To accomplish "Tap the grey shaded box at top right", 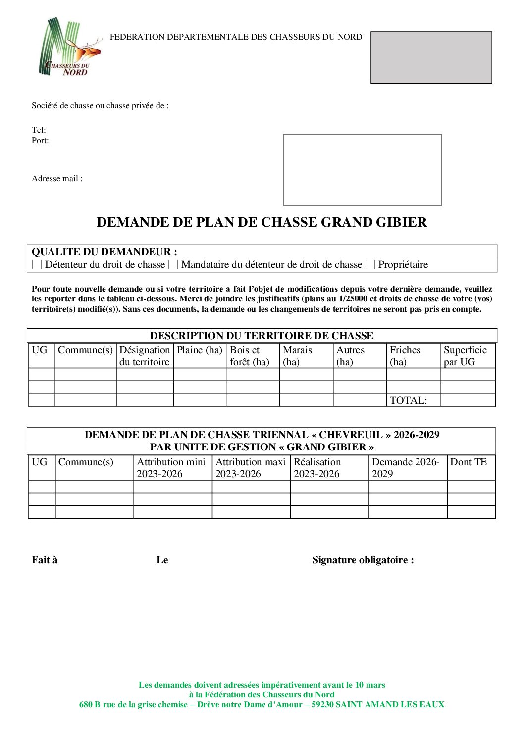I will (x=431, y=57).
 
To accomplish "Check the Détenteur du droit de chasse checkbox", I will (x=37, y=265).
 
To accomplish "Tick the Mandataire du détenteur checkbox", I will (x=173, y=265).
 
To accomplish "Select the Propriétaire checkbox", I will (x=370, y=265).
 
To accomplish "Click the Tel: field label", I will (x=39, y=130).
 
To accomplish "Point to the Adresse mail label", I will (x=57, y=179).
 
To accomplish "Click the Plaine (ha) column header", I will (x=200, y=350).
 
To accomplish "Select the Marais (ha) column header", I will (x=297, y=356).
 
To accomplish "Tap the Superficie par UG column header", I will (x=465, y=356).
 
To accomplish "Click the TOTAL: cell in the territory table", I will (x=408, y=400).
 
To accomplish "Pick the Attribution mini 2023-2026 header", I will (x=171, y=468).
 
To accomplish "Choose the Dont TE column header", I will (x=469, y=462).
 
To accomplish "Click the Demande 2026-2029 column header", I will (x=405, y=468).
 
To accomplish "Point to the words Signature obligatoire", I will (x=363, y=560).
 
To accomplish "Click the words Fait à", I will (x=45, y=560).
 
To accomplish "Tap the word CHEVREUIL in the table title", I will (x=350, y=435).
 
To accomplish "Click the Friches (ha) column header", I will (x=405, y=356).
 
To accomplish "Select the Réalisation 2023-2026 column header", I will (x=317, y=468).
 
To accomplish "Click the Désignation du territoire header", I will (x=145, y=356).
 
